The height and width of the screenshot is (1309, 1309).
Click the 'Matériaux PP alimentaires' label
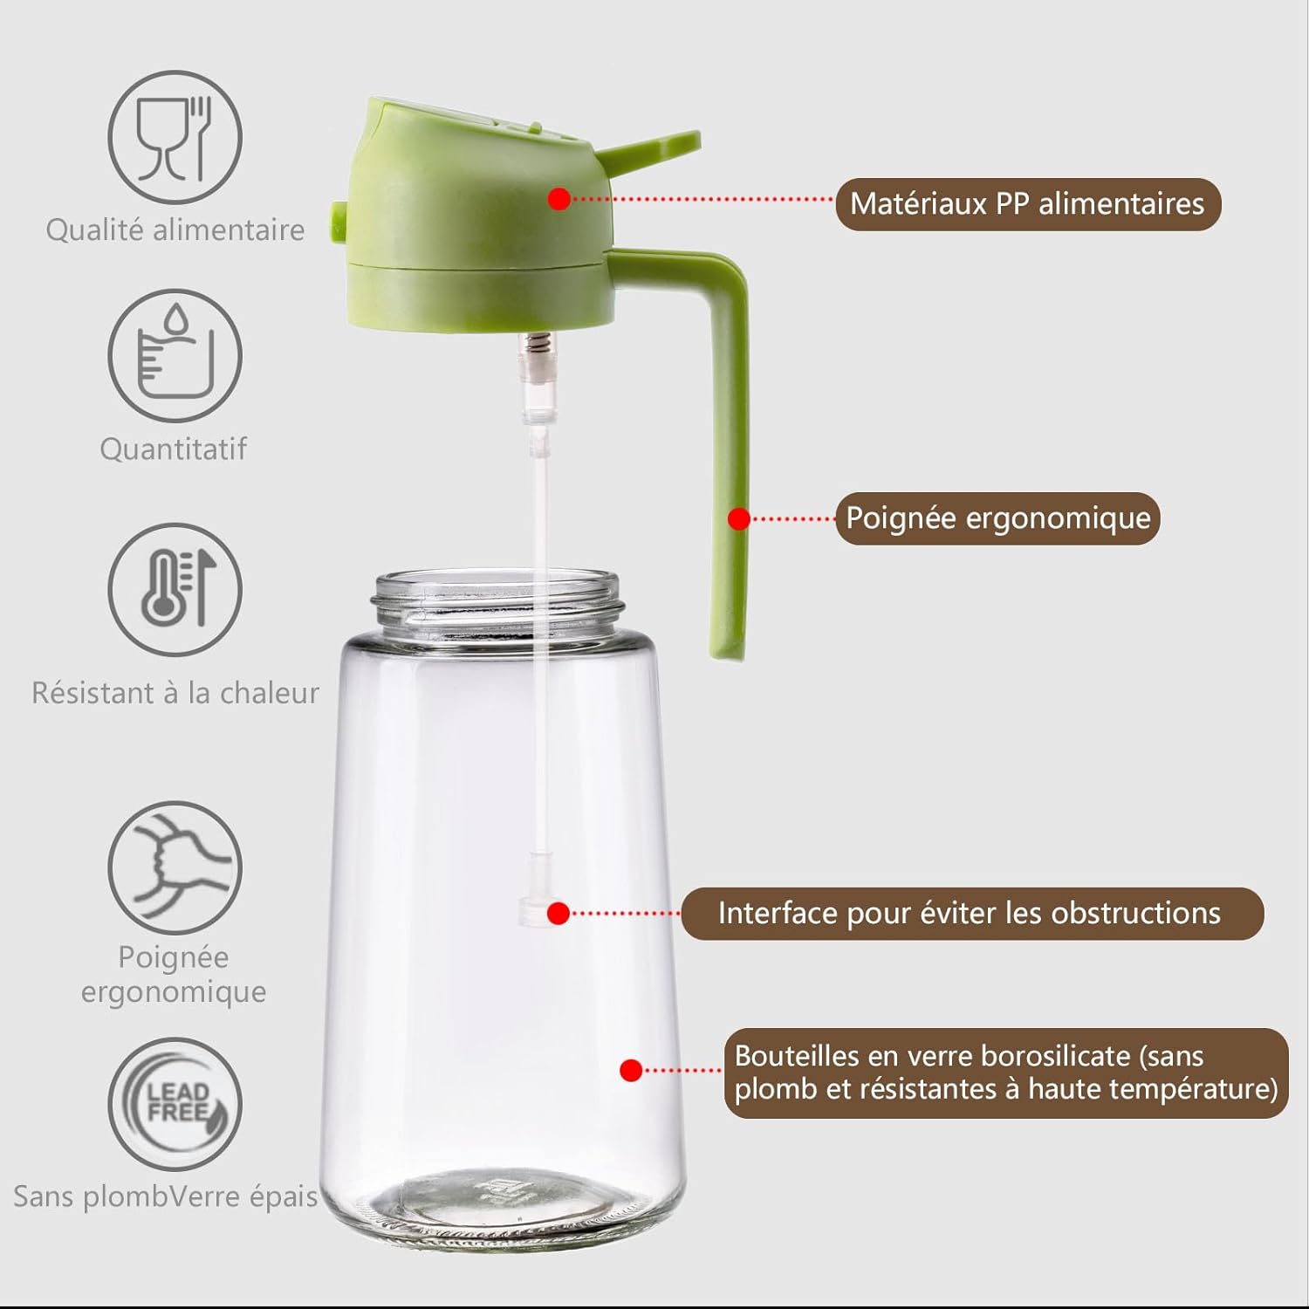click(1027, 204)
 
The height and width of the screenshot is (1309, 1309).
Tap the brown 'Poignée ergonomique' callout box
click(997, 518)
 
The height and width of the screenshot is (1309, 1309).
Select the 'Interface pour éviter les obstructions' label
click(971, 914)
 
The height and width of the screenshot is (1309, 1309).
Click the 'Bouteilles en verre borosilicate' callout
click(1005, 1073)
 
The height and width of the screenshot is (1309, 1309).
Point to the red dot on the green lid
click(559, 199)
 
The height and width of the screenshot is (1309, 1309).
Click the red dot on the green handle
click(738, 519)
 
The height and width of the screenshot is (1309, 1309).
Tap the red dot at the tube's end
click(559, 914)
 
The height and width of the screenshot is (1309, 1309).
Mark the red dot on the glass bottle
click(631, 1071)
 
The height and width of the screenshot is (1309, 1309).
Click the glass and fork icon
click(175, 138)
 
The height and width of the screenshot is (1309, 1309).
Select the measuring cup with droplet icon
click(175, 356)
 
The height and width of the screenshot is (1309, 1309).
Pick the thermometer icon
click(175, 589)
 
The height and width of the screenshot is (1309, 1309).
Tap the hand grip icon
click(175, 867)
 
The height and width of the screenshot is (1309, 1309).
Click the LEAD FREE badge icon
click(175, 1104)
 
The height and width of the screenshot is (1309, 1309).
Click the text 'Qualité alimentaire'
click(175, 230)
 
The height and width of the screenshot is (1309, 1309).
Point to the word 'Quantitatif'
click(173, 449)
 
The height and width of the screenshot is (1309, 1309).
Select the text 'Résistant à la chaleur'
click(175, 693)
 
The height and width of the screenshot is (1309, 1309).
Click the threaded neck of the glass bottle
click(497, 602)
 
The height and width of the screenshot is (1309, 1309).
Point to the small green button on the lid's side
click(337, 222)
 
